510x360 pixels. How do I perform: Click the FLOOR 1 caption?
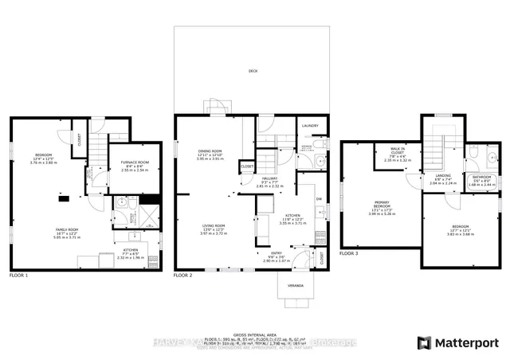pos(18,275)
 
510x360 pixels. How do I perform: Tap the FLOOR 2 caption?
pos(184,275)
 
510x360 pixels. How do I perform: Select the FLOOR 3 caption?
pos(350,253)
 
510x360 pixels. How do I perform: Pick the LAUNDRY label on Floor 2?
pos(309,126)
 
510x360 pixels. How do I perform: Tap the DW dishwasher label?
pos(318,198)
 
